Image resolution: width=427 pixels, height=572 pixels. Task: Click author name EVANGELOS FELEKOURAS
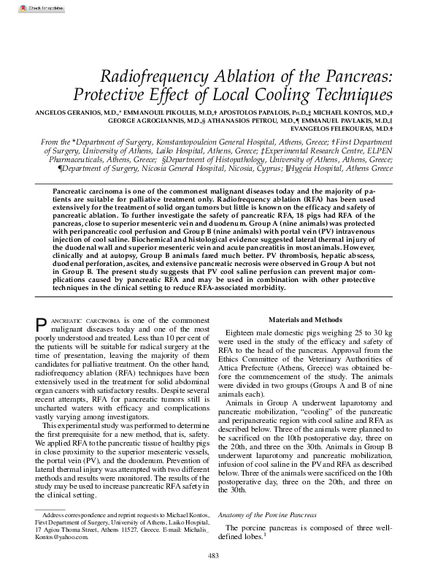click(338, 129)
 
